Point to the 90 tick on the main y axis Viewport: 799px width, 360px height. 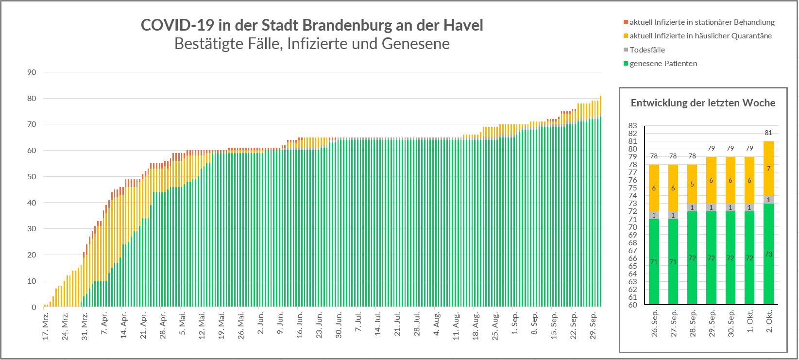point(32,72)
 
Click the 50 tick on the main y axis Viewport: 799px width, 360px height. point(32,176)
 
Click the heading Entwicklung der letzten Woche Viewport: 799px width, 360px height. point(703,103)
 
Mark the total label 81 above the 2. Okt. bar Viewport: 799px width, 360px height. point(768,133)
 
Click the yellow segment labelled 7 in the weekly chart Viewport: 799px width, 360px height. point(768,169)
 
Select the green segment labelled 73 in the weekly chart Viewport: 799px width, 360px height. point(768,254)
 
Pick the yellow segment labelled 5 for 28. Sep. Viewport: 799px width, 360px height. point(691,184)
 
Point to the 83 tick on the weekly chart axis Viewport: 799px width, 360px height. point(632,125)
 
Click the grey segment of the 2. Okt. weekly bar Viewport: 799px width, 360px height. point(768,200)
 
